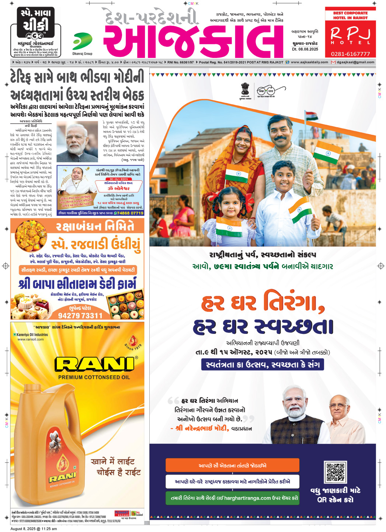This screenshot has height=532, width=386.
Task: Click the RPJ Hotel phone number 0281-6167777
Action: (x=350, y=54)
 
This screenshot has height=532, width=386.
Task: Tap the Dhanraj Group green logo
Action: (x=82, y=41)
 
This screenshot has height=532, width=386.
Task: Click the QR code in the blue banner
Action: (x=335, y=472)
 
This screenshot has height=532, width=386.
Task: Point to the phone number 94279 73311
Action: (x=80, y=315)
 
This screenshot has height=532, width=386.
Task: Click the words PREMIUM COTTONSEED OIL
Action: (x=94, y=377)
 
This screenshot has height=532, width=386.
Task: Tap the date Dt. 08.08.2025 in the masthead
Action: (x=305, y=49)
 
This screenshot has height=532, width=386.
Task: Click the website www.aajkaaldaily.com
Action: (x=309, y=62)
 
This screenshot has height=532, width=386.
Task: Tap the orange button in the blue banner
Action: (x=232, y=466)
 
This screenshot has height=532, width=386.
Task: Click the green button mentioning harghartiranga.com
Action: (x=232, y=498)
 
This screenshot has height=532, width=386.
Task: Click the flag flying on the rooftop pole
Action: (x=312, y=116)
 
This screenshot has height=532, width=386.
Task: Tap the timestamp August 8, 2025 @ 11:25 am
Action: (x=34, y=529)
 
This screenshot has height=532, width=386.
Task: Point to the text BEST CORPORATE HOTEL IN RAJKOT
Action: (x=350, y=15)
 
